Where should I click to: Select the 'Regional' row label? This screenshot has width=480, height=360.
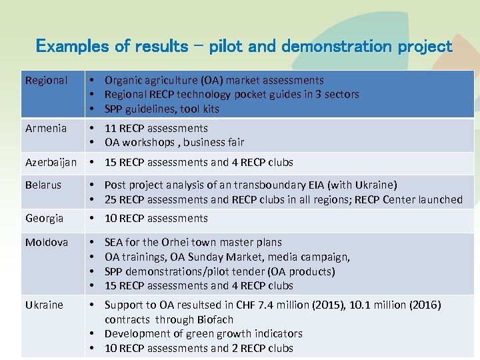coord(46,81)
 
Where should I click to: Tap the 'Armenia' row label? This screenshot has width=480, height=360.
coord(46,128)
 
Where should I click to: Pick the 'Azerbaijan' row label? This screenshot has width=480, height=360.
coord(51,162)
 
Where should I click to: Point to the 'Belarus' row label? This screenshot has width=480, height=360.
coord(43,185)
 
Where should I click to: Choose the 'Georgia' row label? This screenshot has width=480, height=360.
coord(45,218)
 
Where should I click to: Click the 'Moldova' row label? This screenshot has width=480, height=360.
coord(47,242)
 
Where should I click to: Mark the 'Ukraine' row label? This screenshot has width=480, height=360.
coord(44,305)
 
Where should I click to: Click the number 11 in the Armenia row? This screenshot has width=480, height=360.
coord(110,128)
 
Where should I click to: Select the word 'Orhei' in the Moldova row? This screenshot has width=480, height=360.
coord(176,242)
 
